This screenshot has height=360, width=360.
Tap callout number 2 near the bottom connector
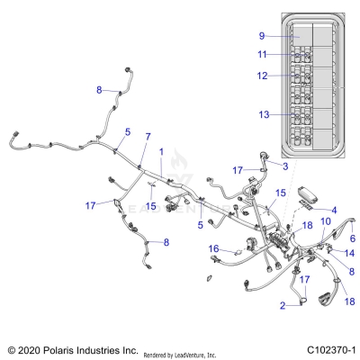click(283, 306)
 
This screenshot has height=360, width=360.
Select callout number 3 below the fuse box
click(285, 166)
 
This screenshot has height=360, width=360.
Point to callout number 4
click(334, 211)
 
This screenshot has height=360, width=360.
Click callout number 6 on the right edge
click(353, 238)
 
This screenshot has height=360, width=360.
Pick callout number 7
click(148, 136)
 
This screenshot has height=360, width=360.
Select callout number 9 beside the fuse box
click(262, 36)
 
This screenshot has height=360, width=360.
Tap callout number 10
click(327, 220)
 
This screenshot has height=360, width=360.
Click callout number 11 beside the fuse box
click(262, 55)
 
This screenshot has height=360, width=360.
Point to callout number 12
click(262, 76)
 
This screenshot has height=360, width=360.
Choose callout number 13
click(262, 115)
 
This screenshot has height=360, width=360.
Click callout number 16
click(212, 248)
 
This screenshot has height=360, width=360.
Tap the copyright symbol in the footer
click(10, 347)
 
